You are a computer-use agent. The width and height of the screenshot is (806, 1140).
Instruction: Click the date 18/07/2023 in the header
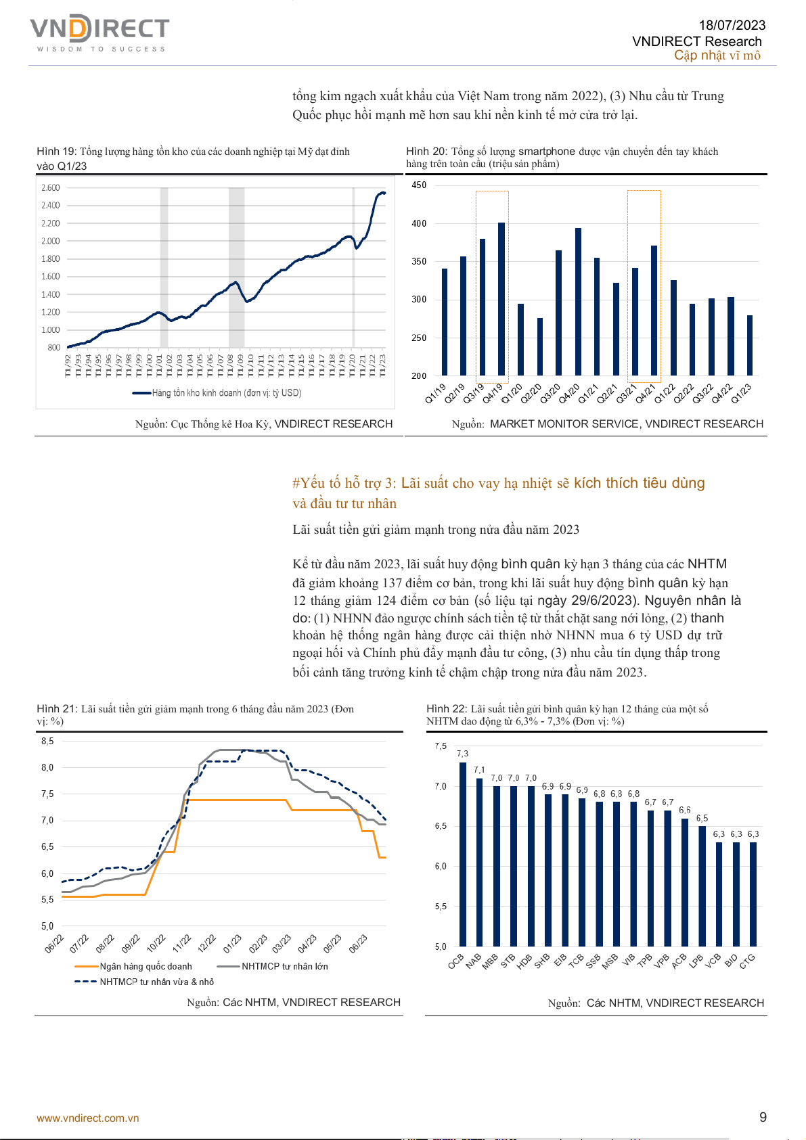pos(732,25)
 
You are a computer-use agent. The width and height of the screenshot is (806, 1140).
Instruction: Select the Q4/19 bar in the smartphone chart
pos(501,299)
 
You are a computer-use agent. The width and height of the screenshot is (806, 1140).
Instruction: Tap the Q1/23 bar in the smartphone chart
pos(750,345)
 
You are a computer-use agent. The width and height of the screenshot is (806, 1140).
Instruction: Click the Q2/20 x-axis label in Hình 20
pos(531,394)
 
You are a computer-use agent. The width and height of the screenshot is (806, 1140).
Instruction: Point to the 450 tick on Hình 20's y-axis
pos(419,185)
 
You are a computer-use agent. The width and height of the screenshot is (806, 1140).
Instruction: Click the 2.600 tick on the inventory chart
pos(51,188)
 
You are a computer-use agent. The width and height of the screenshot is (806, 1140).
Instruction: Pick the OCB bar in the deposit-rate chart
pos(463,854)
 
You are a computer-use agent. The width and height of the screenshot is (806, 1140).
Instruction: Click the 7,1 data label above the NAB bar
pos(479,770)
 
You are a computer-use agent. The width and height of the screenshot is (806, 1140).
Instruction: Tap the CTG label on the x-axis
pos(747,961)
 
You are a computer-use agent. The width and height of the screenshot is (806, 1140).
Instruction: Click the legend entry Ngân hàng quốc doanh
pos(145,966)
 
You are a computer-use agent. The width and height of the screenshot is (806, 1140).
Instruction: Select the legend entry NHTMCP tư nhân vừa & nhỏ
pos(156,982)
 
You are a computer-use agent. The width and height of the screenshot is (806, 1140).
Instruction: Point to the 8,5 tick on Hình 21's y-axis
pos(47,742)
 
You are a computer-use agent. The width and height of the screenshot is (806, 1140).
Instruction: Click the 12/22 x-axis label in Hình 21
pos(206,943)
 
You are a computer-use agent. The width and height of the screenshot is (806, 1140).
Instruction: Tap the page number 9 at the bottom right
pos(763,1118)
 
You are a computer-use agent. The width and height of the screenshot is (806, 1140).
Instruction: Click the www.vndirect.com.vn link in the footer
pos(88,1118)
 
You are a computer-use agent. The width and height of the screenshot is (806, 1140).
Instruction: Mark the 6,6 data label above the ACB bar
pos(685,810)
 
